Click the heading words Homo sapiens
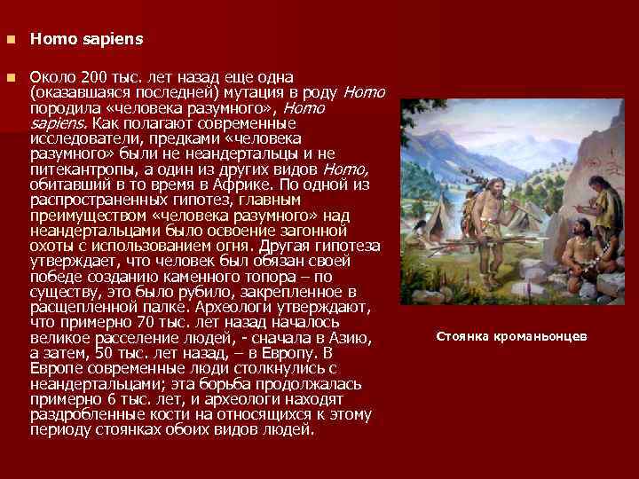click(85, 40)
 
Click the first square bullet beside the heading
click(10, 40)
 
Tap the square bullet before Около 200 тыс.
click(10, 78)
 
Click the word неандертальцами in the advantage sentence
click(86, 231)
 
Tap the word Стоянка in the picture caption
click(462, 337)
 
